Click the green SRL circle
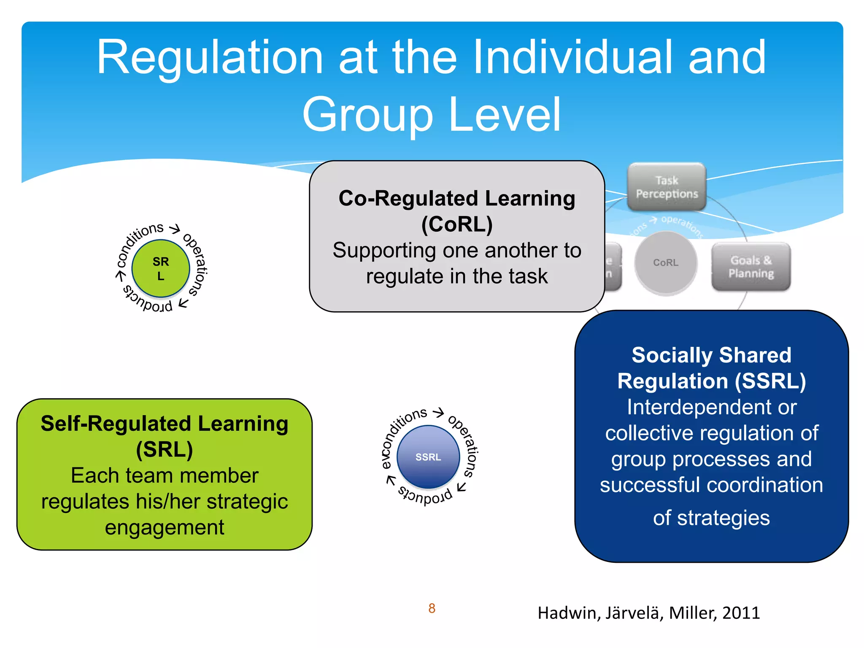tap(161, 268)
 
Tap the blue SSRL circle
tap(428, 457)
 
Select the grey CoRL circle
tap(666, 262)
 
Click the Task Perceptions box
tap(667, 187)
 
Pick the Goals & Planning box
tap(751, 267)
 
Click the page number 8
tap(432, 608)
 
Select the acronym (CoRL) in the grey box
tap(457, 224)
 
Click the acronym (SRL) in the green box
tap(165, 449)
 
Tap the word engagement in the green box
tap(165, 527)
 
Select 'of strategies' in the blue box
tap(712, 518)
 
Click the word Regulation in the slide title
tap(210, 58)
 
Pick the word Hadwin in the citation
tap(569, 613)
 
